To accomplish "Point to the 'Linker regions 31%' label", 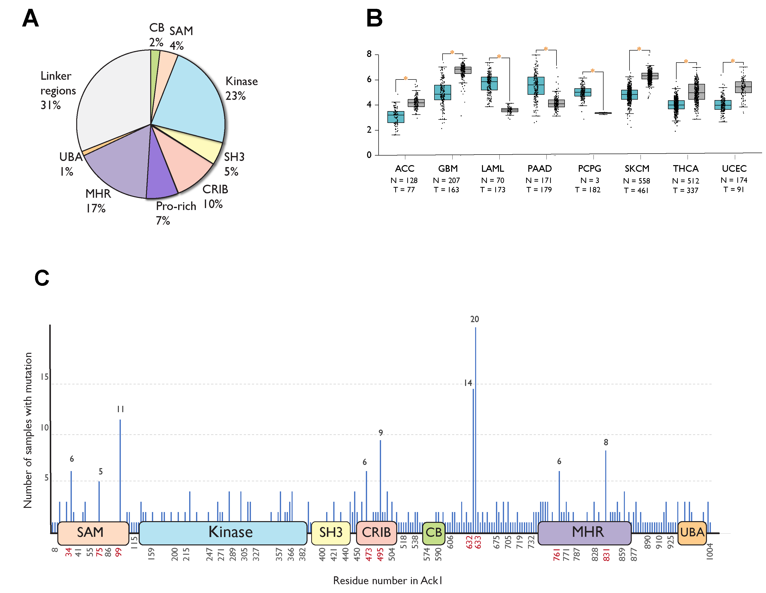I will pos(58,90).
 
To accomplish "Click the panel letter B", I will pos(374,18).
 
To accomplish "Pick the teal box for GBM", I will pos(442,92).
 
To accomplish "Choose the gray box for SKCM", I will pos(650,76).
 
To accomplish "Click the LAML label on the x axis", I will pos(493,169).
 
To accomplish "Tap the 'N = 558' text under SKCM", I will pos(637,181).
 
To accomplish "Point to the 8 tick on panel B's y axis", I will pos(369,54).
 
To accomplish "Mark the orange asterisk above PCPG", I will pos(592,71).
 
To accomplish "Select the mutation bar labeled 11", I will pos(120,471).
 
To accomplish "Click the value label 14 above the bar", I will pos(468,383).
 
